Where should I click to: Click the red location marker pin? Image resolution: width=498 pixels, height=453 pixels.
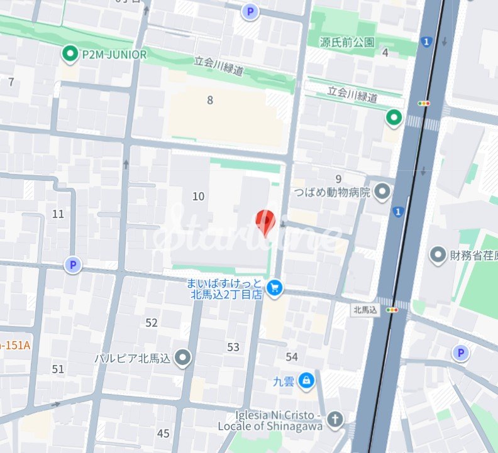pos(265,222)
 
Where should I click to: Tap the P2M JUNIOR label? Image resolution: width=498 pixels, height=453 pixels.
pos(114,55)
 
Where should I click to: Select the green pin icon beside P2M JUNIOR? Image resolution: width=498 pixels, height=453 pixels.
pos(70,54)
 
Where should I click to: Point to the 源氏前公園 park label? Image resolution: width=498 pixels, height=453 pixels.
pos(347,43)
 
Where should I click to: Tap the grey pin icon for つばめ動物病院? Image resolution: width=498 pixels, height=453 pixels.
pos(382,191)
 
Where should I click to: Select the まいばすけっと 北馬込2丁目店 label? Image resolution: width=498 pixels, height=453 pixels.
pos(224,289)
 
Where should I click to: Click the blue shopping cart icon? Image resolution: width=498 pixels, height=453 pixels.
pos(275,288)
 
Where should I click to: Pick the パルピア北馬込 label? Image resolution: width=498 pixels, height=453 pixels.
pos(133,358)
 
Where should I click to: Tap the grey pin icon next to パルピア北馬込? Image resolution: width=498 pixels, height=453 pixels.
pos(183,357)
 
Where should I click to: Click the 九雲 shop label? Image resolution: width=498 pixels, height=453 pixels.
pos(284,380)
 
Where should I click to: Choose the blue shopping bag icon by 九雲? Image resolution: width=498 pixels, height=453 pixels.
pos(306,379)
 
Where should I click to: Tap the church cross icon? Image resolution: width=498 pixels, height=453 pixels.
pos(336,419)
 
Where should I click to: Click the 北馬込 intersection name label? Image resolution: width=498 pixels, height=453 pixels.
pos(365,309)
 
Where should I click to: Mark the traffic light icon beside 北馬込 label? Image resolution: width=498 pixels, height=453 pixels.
pos(392,309)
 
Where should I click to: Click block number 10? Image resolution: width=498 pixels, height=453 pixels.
pos(199,197)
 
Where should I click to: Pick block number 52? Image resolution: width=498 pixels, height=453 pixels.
pos(152,323)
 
